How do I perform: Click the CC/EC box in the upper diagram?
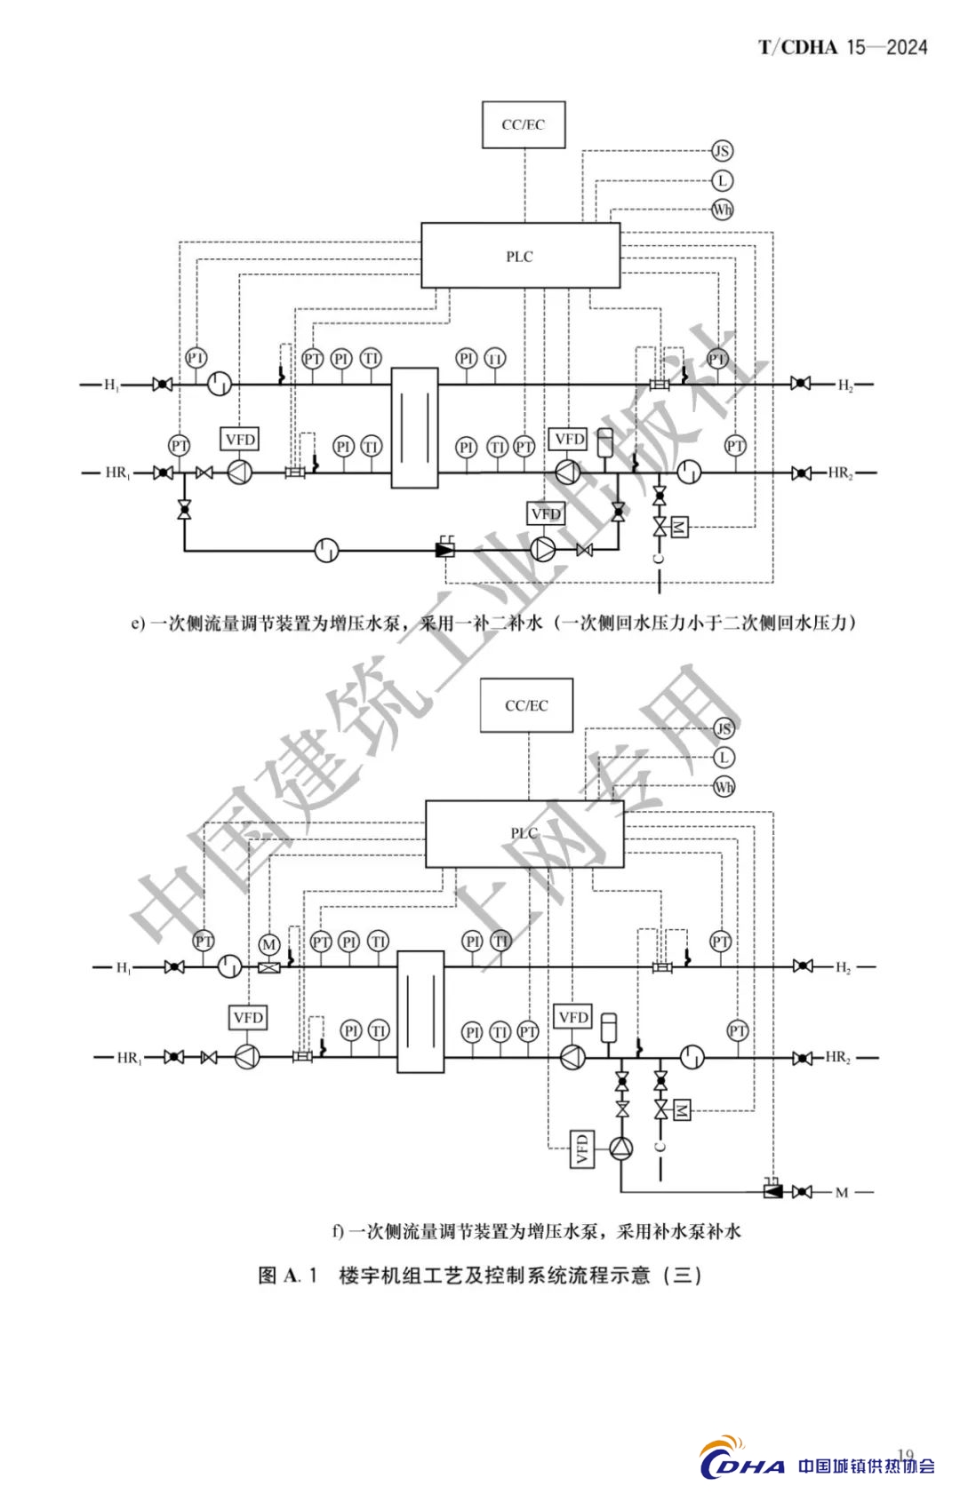pyautogui.click(x=524, y=124)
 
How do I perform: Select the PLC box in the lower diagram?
pyautogui.click(x=524, y=833)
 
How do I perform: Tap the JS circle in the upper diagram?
pyautogui.click(x=722, y=151)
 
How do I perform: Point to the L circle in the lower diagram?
pyautogui.click(x=724, y=758)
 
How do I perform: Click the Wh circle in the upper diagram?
pyautogui.click(x=722, y=210)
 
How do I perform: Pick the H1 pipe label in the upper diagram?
pyautogui.click(x=111, y=385)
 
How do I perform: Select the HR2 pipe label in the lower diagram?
pyautogui.click(x=837, y=1057)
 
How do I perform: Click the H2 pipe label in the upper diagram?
pyautogui.click(x=844, y=385)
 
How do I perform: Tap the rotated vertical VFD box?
pyautogui.click(x=582, y=1148)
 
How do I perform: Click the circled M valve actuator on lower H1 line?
pyautogui.click(x=269, y=944)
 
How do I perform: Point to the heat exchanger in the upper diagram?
pyautogui.click(x=414, y=427)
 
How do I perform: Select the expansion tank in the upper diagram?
pyautogui.click(x=607, y=441)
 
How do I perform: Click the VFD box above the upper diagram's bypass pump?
pyautogui.click(x=546, y=513)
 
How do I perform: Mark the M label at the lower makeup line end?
pyautogui.click(x=841, y=1192)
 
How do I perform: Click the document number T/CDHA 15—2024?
pyautogui.click(x=842, y=47)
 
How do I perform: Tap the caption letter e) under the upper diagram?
pyautogui.click(x=138, y=624)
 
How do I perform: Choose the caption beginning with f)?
pyautogui.click(x=536, y=1231)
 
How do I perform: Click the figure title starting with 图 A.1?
pyautogui.click(x=480, y=1276)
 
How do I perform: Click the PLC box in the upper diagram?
pyautogui.click(x=520, y=256)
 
